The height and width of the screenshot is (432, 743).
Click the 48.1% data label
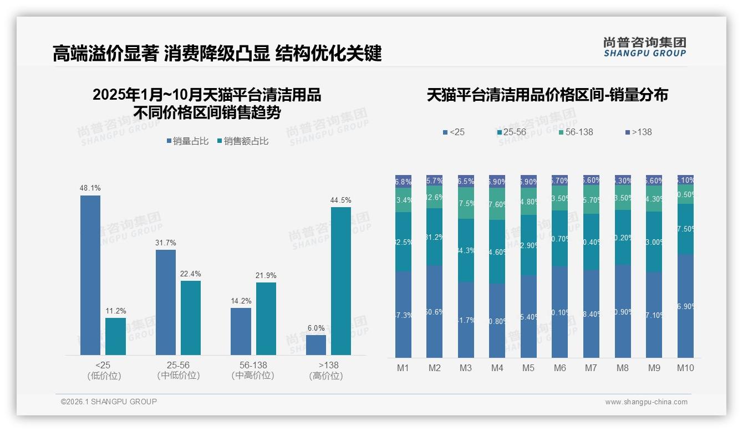(x=90, y=188)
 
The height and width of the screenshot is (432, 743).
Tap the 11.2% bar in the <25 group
(x=115, y=336)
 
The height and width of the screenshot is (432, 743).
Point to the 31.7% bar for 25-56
(x=166, y=302)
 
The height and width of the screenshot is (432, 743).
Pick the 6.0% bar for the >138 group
(x=316, y=344)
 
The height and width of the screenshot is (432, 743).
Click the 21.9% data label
(x=266, y=275)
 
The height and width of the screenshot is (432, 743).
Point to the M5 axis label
(x=528, y=368)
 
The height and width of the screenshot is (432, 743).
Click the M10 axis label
(x=685, y=368)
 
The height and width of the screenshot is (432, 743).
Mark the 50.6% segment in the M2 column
(x=435, y=311)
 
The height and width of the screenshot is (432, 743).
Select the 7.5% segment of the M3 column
(x=466, y=203)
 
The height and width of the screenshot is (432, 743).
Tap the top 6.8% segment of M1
(x=403, y=181)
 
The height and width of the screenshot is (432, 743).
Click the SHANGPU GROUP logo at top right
(x=645, y=47)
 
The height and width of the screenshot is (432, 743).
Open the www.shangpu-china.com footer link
(x=646, y=402)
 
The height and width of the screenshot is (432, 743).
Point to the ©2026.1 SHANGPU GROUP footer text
(x=109, y=402)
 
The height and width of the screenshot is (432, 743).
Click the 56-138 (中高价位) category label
(x=253, y=371)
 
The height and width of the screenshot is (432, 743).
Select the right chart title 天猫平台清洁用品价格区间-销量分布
(x=547, y=95)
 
